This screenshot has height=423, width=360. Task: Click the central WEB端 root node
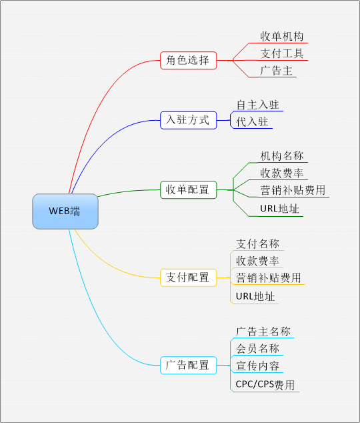click(65, 211)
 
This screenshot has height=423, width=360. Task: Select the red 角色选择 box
click(189, 61)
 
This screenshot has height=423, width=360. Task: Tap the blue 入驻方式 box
click(189, 120)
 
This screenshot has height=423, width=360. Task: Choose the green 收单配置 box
click(189, 190)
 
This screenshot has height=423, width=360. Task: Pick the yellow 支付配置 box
click(189, 278)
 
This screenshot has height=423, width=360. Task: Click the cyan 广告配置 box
click(189, 365)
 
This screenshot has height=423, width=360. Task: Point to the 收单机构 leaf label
click(282, 37)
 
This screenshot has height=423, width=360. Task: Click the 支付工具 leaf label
click(282, 53)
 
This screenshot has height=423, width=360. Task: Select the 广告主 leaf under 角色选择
click(276, 71)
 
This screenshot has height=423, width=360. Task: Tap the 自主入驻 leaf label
click(257, 105)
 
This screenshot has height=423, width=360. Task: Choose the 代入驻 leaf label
click(252, 122)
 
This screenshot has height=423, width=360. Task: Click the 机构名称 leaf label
click(282, 156)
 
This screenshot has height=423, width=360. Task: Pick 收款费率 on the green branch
click(282, 173)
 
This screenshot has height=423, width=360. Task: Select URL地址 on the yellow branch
click(255, 296)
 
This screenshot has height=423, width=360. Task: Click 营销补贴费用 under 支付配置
click(269, 278)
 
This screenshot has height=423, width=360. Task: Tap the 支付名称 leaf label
click(257, 244)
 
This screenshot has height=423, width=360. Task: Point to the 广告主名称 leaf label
click(263, 332)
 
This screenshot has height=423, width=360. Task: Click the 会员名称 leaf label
click(257, 348)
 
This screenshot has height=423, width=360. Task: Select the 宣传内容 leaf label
click(257, 366)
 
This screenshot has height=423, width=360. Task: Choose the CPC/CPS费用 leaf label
click(265, 385)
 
